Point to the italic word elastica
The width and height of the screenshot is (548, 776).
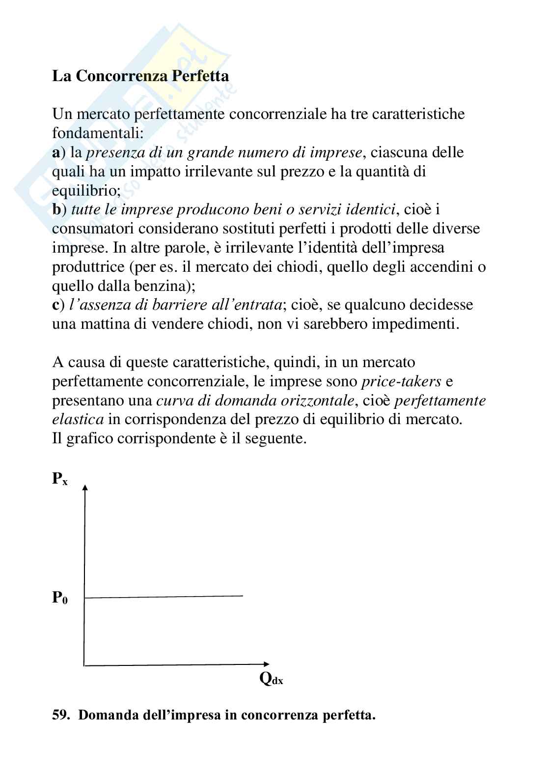pyautogui.click(x=78, y=420)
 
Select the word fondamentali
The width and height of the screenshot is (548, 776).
pyautogui.click(x=97, y=133)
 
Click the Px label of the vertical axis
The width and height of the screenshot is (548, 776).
pyautogui.click(x=59, y=479)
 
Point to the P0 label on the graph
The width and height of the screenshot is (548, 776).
pyautogui.click(x=60, y=598)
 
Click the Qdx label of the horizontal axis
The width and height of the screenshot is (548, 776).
pyautogui.click(x=271, y=679)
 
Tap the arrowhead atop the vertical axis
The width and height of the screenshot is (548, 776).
pyautogui.click(x=85, y=487)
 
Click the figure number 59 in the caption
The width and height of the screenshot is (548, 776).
pyautogui.click(x=60, y=715)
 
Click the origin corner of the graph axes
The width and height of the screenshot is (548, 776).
pyautogui.click(x=84, y=665)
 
